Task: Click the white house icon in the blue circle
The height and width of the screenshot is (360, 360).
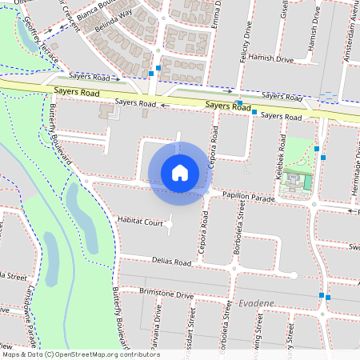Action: tap(180, 173)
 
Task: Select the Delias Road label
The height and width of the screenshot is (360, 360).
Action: tap(171, 261)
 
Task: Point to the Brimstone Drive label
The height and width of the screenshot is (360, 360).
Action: tap(166, 294)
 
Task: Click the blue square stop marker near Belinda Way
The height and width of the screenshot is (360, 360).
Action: tap(150, 73)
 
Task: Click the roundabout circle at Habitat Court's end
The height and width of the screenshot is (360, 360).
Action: tap(169, 225)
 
